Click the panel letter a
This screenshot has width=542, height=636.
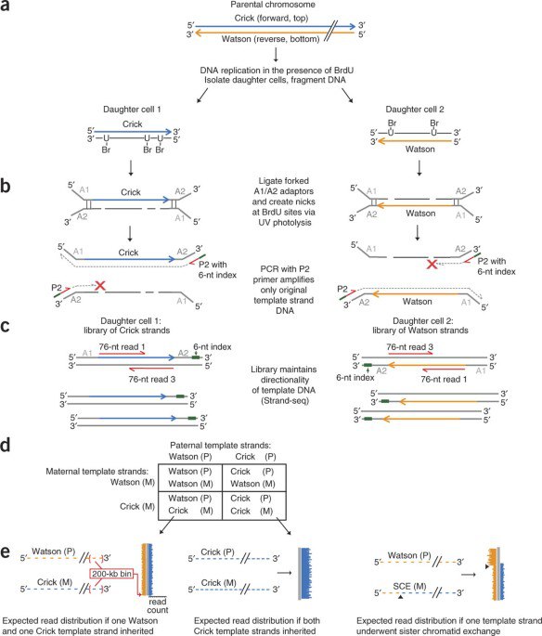click(x=5, y=6)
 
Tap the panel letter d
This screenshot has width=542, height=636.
click(x=6, y=445)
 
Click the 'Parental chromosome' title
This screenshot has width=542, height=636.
click(x=273, y=5)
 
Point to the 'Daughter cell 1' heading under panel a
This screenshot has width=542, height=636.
click(x=132, y=110)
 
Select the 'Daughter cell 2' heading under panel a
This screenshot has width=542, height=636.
click(x=415, y=110)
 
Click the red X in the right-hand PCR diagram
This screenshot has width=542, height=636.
click(x=432, y=265)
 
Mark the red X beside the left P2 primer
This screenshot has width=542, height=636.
click(x=99, y=286)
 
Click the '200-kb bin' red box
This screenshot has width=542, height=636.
click(x=111, y=574)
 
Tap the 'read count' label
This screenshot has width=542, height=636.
click(x=157, y=605)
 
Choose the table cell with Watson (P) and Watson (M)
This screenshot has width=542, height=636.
click(x=190, y=477)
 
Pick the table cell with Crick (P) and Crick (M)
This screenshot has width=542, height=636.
click(x=254, y=504)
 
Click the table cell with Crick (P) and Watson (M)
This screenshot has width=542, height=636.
click(x=254, y=477)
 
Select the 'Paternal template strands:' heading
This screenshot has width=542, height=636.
click(x=220, y=445)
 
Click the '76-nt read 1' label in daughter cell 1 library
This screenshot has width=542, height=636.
click(x=122, y=347)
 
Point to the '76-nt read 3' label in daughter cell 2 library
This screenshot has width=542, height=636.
click(x=409, y=347)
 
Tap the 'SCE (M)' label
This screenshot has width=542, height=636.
click(x=409, y=586)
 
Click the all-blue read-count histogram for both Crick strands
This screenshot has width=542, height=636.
click(x=305, y=573)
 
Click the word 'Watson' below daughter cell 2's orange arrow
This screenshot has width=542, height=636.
click(x=420, y=149)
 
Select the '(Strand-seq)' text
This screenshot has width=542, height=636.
click(x=285, y=401)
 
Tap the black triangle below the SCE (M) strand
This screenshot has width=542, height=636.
click(x=400, y=597)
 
